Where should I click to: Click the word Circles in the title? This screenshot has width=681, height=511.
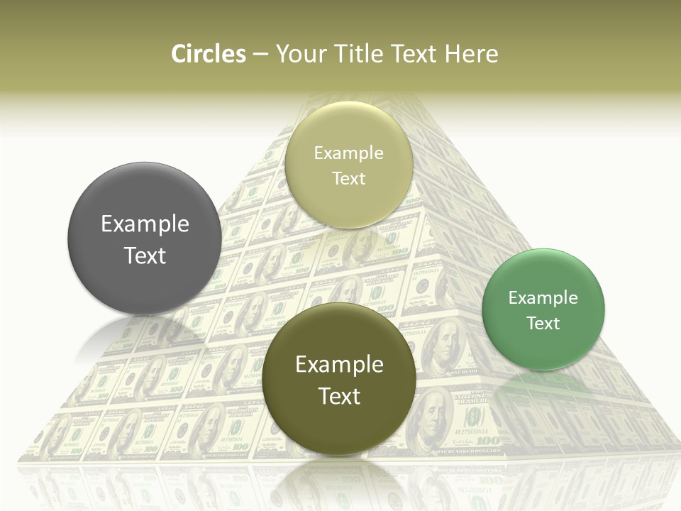point(208,54)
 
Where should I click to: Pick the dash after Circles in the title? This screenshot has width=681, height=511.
point(260,54)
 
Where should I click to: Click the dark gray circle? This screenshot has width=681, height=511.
point(145,238)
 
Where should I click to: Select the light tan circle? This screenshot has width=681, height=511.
point(348,165)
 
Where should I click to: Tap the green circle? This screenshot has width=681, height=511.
point(543,309)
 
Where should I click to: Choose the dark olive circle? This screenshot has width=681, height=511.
point(339,379)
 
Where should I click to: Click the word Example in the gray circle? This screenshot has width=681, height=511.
point(145,224)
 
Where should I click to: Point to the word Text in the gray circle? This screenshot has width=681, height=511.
point(145,255)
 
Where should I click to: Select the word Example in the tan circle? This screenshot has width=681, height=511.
point(348,153)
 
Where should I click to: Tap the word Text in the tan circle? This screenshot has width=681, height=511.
point(348,178)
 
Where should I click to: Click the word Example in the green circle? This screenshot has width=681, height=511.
point(543,298)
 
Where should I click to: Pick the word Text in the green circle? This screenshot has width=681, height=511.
point(543,324)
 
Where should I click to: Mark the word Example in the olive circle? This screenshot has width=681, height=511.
point(339,365)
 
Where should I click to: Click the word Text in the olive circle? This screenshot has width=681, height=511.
point(339,396)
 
